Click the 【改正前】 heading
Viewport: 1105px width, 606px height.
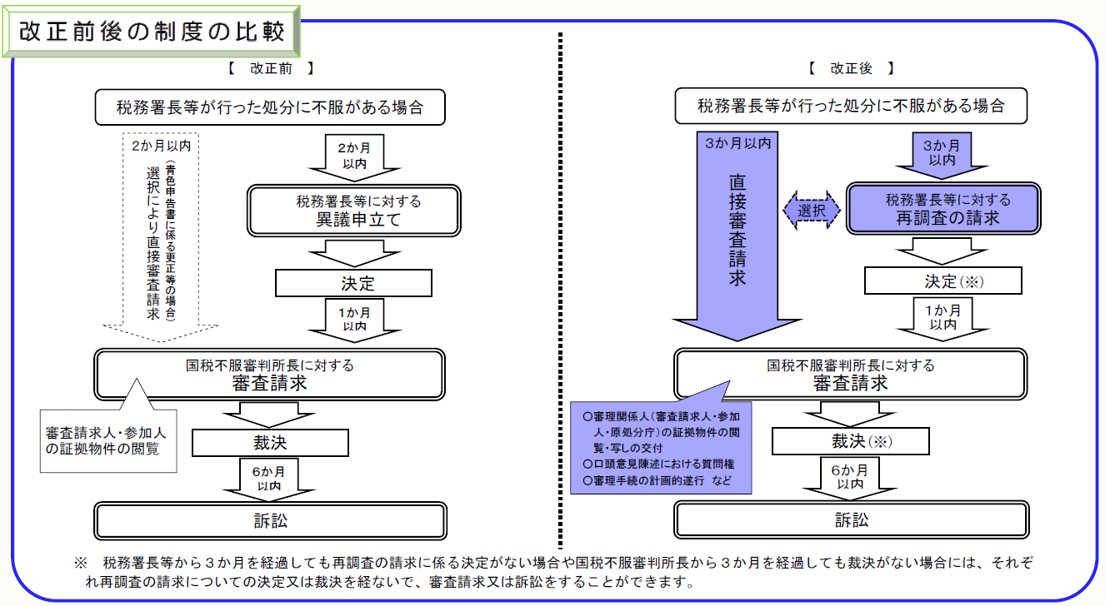(x=270, y=69)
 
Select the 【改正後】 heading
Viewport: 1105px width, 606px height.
(x=851, y=69)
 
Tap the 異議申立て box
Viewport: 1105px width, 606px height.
(x=353, y=210)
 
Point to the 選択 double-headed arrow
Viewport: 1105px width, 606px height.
(x=811, y=211)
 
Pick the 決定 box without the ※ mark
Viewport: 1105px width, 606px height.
(x=353, y=284)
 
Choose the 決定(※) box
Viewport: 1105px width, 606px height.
(x=942, y=281)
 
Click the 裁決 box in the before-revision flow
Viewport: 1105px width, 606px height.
(x=270, y=441)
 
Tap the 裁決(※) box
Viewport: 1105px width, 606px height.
(x=851, y=441)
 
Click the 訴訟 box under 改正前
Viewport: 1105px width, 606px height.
(x=270, y=520)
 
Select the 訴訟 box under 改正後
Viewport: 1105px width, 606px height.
(x=851, y=520)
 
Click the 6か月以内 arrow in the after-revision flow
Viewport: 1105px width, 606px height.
(x=851, y=479)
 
